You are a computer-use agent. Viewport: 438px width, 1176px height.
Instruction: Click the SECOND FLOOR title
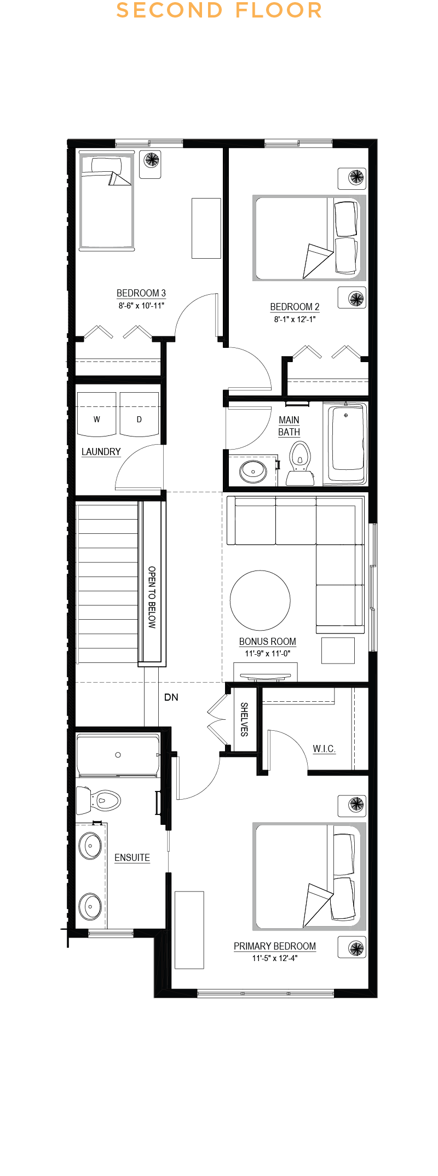coord(219,10)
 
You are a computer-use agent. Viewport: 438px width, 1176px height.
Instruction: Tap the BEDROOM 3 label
coord(141,293)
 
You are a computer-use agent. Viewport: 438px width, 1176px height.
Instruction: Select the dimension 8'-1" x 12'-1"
coord(295,319)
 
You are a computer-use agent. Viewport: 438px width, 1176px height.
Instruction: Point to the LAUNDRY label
coord(101,452)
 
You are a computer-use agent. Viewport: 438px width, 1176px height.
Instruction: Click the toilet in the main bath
coord(299,464)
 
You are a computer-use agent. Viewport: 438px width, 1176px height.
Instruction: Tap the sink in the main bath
coord(253,470)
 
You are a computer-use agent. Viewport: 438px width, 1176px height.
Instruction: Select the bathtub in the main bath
coord(346,443)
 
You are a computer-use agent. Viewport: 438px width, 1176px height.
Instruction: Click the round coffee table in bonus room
coord(260,600)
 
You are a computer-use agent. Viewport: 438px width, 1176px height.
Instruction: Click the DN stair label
coord(171,697)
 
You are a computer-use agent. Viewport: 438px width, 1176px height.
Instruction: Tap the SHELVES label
coord(244,720)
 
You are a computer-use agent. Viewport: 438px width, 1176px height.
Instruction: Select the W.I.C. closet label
coord(324,749)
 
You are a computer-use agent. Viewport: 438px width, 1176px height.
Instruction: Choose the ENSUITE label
coord(132,858)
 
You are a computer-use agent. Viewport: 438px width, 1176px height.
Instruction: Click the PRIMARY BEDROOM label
coord(275,946)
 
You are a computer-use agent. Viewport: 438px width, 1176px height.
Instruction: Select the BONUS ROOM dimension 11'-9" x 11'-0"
coord(267,654)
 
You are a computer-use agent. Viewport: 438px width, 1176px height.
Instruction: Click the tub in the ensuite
coord(118,755)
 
